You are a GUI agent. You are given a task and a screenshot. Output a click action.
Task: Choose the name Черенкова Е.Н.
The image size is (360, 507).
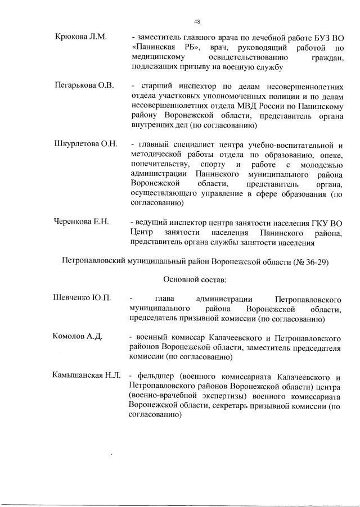pos(82,222)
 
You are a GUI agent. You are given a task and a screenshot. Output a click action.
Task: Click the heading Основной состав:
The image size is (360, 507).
pos(195,279)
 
